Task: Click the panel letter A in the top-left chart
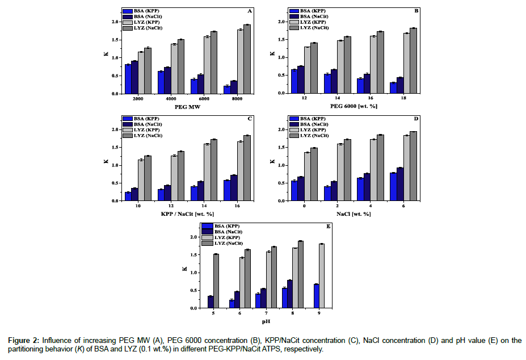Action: [x=250, y=11]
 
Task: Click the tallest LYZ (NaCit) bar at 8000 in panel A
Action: [x=247, y=59]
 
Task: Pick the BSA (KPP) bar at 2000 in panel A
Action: [x=128, y=79]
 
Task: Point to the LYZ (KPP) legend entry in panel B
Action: [x=309, y=23]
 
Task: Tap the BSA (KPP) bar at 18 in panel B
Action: [x=393, y=87]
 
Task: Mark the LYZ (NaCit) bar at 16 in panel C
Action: [x=247, y=168]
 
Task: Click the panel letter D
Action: [x=415, y=119]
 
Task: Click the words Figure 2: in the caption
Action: [x=23, y=341]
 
